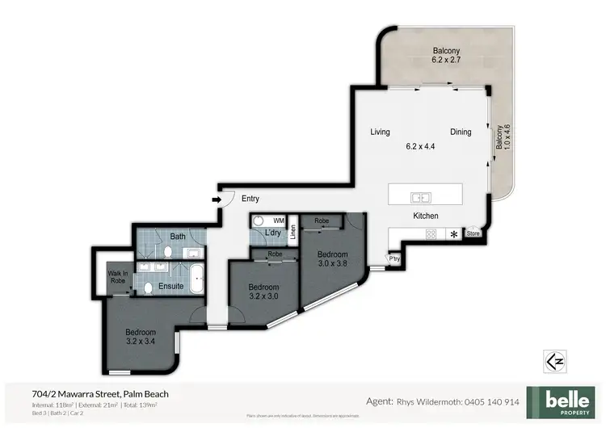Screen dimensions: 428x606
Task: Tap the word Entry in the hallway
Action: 250,199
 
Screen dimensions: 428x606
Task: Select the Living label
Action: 380,132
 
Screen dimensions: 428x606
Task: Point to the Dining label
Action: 461,132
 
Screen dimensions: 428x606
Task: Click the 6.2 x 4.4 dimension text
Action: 420,146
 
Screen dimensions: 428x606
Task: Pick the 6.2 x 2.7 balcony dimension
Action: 444,60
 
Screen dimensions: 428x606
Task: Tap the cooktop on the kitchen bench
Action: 431,234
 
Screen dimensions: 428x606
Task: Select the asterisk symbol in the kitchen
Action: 454,234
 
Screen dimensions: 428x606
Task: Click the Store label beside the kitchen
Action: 473,234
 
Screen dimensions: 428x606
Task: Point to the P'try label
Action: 395,259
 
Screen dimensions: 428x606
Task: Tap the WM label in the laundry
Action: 279,220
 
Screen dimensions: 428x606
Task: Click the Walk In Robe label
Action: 118,277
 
